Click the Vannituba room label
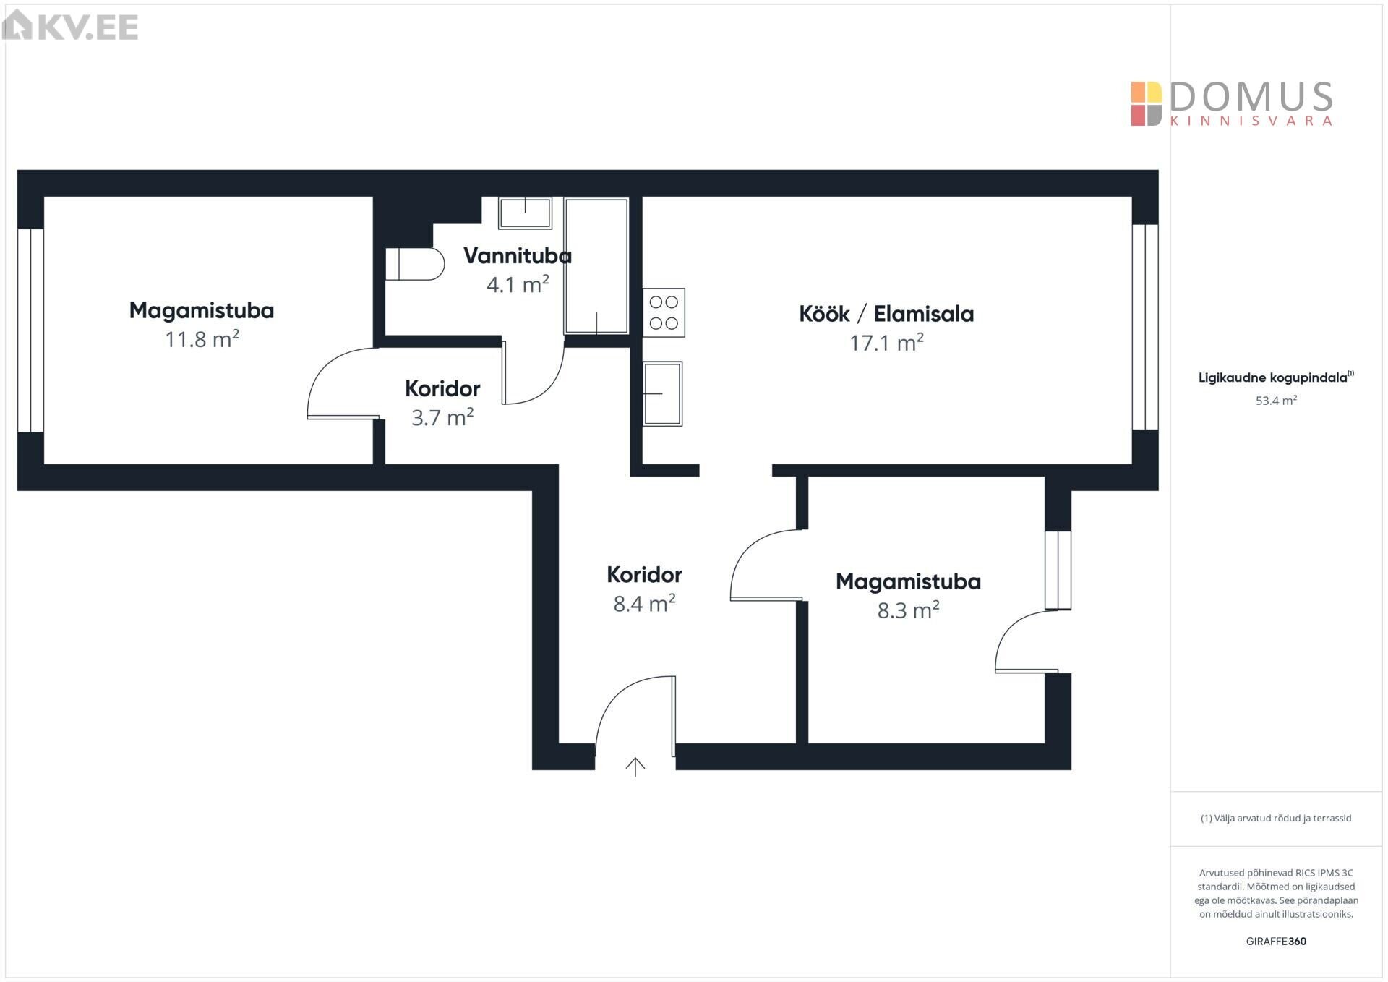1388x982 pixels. pyautogui.click(x=517, y=255)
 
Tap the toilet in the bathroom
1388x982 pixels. pyautogui.click(x=415, y=264)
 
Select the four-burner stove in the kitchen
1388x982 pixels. pyautogui.click(x=664, y=312)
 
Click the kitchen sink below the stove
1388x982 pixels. pyautogui.click(x=662, y=393)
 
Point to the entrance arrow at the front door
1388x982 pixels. pyautogui.click(x=635, y=767)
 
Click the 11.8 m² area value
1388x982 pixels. pyautogui.click(x=202, y=339)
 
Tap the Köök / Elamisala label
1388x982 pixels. pyautogui.click(x=886, y=314)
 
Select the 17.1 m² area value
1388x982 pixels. pyautogui.click(x=886, y=343)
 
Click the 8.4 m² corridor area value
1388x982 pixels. pyautogui.click(x=644, y=603)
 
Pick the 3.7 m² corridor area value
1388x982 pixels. pyautogui.click(x=442, y=417)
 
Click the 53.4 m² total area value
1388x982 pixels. pyautogui.click(x=1276, y=401)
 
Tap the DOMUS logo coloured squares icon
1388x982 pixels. pyautogui.click(x=1147, y=103)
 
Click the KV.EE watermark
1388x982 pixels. pyautogui.click(x=70, y=26)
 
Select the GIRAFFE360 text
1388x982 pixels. pyautogui.click(x=1276, y=941)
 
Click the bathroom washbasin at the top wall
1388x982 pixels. pyautogui.click(x=525, y=213)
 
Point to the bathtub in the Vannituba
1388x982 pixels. pyautogui.click(x=596, y=266)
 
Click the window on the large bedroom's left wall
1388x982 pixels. pyautogui.click(x=31, y=330)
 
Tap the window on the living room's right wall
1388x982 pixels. pyautogui.click(x=1145, y=327)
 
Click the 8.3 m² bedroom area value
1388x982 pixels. pyautogui.click(x=908, y=610)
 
